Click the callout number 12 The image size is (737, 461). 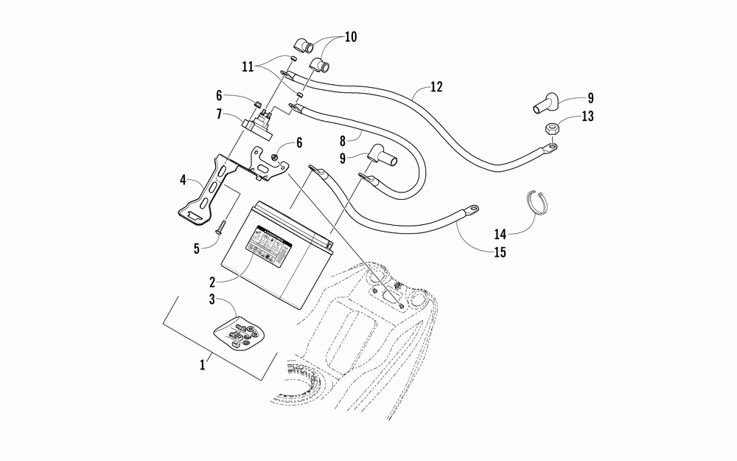pos(436,87)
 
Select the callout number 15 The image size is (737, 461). pos(499,252)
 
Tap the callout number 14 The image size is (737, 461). pos(500,235)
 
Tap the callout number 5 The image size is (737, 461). pos(197,249)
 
